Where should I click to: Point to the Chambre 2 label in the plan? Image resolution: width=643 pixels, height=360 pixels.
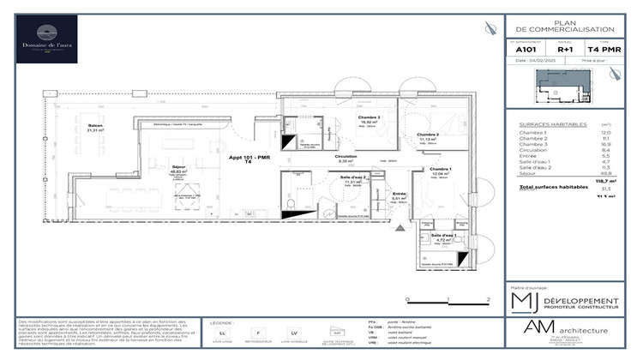[428, 135]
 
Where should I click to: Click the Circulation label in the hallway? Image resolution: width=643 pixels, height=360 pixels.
[346, 157]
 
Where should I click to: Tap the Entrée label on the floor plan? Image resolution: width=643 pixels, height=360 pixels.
[399, 194]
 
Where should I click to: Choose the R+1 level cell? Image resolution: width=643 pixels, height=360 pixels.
[565, 49]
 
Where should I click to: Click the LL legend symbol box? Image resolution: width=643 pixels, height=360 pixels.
[223, 332]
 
